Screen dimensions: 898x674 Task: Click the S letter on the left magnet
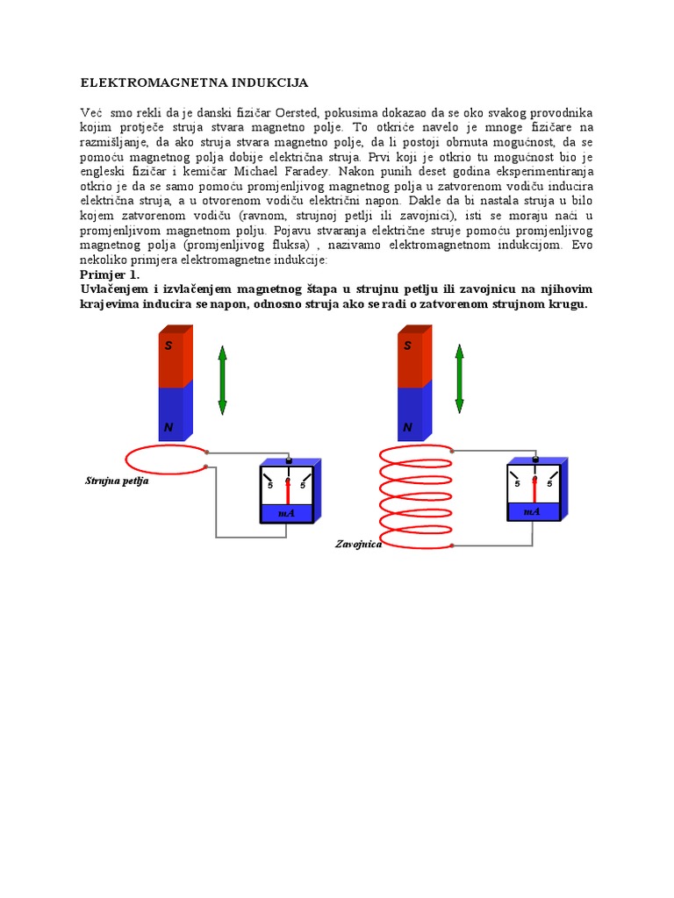click(x=168, y=346)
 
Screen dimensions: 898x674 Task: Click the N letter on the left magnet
click(x=168, y=428)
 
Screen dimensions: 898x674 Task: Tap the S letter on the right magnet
click(x=407, y=346)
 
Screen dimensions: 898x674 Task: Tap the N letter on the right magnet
click(x=407, y=428)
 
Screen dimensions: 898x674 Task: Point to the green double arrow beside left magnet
click(x=222, y=380)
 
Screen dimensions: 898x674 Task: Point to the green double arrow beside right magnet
click(x=458, y=380)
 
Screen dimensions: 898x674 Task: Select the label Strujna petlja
click(x=117, y=481)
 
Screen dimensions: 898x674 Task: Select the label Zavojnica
click(x=358, y=544)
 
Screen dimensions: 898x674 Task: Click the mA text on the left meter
click(x=286, y=513)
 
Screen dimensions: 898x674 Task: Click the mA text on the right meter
click(x=532, y=511)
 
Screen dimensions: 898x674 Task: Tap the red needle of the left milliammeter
click(x=288, y=491)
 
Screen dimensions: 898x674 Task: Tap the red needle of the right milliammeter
click(x=534, y=489)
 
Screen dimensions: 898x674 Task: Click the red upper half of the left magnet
click(x=172, y=360)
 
